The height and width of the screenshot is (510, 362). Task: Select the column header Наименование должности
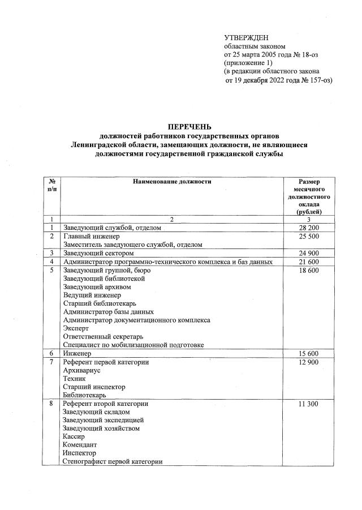(172, 182)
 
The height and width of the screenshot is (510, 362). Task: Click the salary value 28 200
(308, 228)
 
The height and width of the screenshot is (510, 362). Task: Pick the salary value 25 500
(308, 236)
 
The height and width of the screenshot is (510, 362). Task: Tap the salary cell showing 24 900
(308, 253)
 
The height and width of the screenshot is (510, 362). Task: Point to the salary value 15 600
(308, 354)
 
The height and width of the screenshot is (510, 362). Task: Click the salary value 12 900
(308, 362)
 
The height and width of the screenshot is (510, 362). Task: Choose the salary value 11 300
(308, 404)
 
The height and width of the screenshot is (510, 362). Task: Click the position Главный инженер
(91, 236)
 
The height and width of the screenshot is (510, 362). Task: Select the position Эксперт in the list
(76, 328)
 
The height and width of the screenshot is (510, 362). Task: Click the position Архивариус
(81, 370)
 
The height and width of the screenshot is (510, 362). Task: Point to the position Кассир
(74, 437)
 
